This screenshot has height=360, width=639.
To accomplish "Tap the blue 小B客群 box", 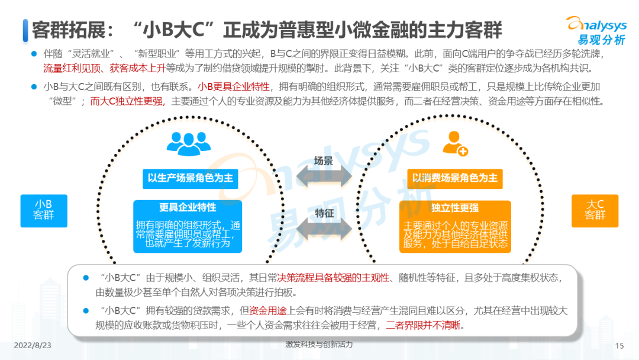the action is tap(44, 211).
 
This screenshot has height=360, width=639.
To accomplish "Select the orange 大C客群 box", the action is tap(595, 211).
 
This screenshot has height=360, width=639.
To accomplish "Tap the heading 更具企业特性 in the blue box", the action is tap(188, 207).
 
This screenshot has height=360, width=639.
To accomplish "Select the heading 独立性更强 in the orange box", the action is tap(455, 208).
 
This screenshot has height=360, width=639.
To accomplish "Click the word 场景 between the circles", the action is tap(323, 160).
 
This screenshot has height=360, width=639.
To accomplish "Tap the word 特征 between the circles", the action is tap(324, 213).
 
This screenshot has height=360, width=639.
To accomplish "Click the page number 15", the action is tap(620, 346).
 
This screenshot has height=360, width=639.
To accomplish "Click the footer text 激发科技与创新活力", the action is tap(319, 344).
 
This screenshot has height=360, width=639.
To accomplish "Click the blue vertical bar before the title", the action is tap(25, 30).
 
